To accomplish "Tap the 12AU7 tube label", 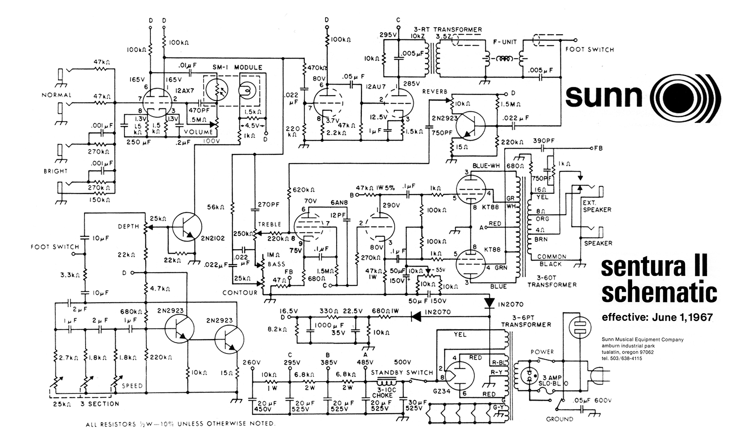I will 376,87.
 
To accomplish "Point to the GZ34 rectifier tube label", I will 442,391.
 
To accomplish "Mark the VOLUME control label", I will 198,132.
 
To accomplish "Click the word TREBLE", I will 269,224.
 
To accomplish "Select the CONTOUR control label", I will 240,293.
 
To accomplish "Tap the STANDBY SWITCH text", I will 402,373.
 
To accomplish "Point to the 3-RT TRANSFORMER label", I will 448,30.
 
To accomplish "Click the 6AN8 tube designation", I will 339,202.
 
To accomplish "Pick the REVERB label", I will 435,92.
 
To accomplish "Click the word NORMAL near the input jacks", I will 56,95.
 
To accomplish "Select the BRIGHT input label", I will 56,171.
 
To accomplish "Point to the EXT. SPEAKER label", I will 597,206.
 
